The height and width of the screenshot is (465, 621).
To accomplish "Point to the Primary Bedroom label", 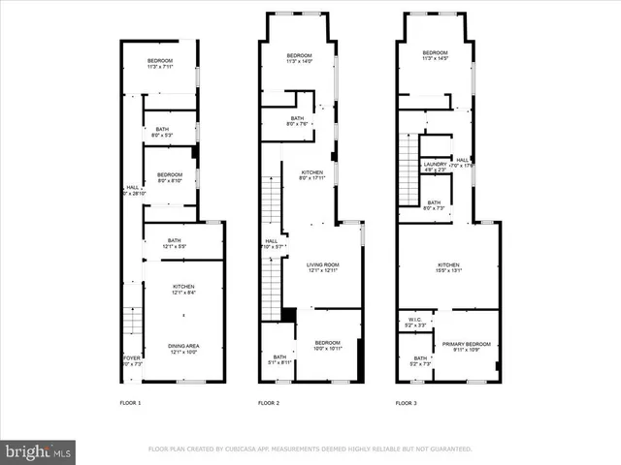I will coord(466,346).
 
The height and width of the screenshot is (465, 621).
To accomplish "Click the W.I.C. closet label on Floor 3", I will coord(413,321).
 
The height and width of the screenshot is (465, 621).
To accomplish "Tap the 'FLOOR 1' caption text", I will coord(130,402).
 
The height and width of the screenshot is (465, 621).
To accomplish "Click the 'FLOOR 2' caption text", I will coord(268,402).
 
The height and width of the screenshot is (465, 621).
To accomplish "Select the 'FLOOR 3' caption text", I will coord(407,402).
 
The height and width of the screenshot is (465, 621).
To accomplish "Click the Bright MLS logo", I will coord(39,450).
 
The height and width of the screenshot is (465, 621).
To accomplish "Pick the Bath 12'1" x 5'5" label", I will coord(175,244).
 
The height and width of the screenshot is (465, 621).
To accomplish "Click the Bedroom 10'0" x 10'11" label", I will coord(327,346).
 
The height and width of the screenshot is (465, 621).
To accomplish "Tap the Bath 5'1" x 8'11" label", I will coord(279,359).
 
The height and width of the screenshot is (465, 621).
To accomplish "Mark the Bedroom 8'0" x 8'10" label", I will coord(171,176).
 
